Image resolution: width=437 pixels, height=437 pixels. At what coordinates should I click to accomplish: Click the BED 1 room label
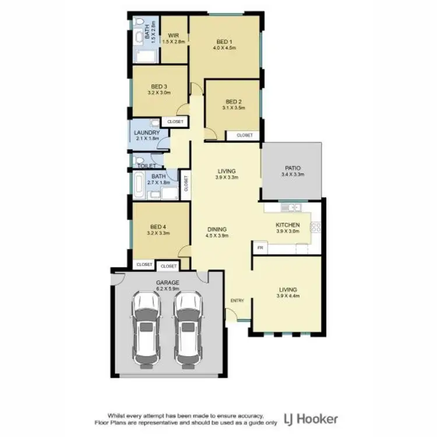click(224, 41)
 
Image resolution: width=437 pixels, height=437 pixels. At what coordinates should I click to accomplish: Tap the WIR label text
click(173, 35)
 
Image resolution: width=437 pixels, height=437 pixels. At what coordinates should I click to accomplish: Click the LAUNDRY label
click(147, 133)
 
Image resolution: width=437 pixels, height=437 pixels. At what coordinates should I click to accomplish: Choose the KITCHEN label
click(287, 224)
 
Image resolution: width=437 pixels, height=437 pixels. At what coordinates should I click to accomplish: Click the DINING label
click(216, 229)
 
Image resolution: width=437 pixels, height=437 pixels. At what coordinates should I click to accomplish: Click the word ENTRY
click(238, 301)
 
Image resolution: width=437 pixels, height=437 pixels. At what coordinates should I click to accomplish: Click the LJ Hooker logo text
click(310, 418)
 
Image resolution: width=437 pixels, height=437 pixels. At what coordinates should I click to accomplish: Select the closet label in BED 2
click(245, 135)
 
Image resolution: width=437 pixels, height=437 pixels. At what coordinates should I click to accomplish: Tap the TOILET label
click(143, 166)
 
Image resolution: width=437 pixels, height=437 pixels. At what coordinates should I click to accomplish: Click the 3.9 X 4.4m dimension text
click(288, 297)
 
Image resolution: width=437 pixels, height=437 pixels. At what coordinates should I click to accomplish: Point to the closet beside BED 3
click(175, 122)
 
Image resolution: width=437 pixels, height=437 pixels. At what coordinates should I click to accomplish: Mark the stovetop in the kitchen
click(315, 227)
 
